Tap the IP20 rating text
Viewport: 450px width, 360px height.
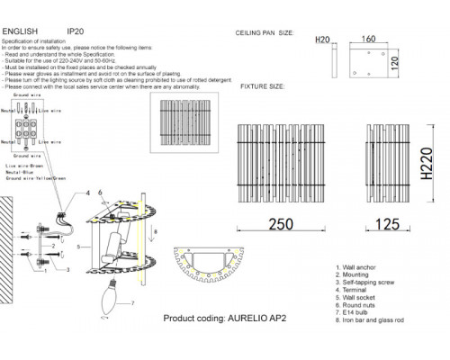78,30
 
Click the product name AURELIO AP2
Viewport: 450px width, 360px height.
248,320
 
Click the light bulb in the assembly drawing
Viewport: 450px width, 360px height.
111,296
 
